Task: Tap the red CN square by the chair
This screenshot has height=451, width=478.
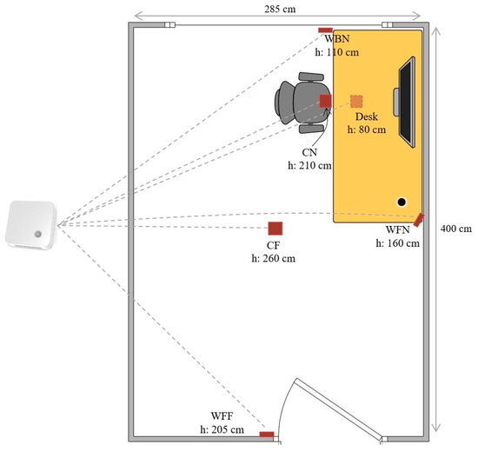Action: [x=325, y=101]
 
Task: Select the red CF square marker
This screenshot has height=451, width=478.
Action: [x=275, y=229]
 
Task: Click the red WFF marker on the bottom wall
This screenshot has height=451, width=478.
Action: [x=267, y=434]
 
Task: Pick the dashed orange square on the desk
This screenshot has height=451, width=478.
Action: [x=356, y=101]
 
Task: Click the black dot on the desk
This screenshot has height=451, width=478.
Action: [x=402, y=202]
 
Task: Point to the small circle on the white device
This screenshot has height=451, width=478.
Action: [x=38, y=235]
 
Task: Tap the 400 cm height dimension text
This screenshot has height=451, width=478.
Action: [x=455, y=229]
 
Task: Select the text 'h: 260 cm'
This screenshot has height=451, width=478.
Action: [x=273, y=259]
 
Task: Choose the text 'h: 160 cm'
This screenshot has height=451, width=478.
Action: [x=397, y=244]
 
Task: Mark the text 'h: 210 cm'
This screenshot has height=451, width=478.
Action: [x=310, y=164]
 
